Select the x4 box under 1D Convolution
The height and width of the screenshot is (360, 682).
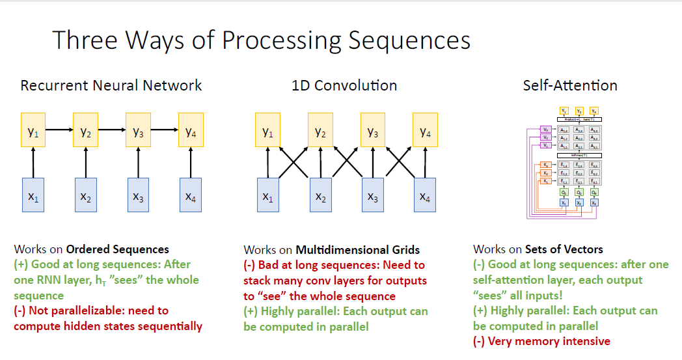425,195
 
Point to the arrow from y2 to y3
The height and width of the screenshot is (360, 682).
111,130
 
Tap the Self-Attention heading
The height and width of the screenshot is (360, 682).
570,85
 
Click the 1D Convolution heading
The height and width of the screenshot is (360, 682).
344,85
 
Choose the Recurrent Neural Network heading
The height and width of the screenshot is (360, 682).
111,85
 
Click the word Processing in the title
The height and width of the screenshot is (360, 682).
280,40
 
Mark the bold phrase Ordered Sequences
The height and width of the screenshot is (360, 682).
118,249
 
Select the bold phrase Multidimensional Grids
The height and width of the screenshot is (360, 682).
358,249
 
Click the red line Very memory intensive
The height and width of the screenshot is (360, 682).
541,341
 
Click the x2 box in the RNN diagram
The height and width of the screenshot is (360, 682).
86,195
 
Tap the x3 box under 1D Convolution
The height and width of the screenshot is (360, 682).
373,195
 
